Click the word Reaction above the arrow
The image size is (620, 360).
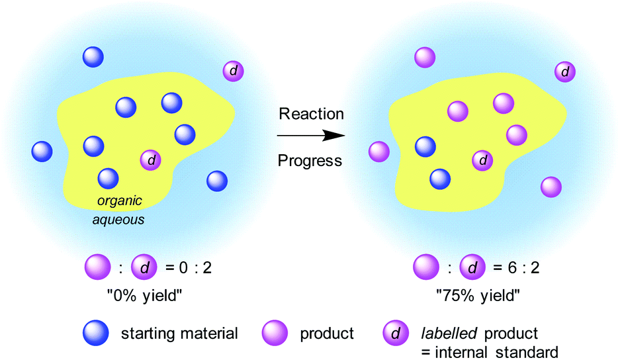311,114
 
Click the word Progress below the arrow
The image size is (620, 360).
310,160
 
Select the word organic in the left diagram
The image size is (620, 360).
120,201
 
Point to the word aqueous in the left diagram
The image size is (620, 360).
118,217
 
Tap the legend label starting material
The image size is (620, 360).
179,334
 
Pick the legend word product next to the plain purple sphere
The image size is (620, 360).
327,334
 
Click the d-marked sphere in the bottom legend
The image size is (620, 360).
395,333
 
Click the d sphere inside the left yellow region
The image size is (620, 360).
151,159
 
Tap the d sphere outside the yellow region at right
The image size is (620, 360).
564,71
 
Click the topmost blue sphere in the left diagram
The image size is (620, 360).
93,57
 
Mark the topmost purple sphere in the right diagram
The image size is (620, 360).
424,57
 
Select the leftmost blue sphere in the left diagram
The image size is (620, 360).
42,152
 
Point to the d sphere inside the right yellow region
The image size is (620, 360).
483,159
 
